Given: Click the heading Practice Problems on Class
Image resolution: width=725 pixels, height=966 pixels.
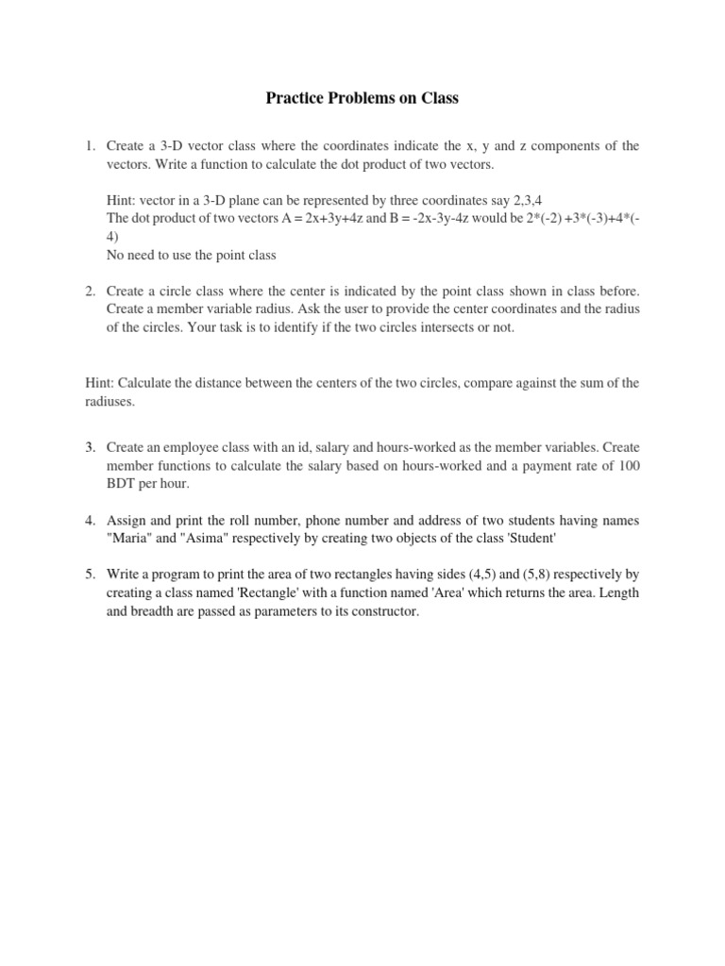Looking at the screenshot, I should click(x=362, y=98).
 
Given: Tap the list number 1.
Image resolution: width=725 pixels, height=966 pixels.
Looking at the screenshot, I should click(x=90, y=146).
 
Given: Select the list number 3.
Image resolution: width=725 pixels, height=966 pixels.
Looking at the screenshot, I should click(x=90, y=446).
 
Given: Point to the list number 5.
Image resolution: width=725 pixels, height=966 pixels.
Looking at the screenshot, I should click(x=90, y=574).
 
